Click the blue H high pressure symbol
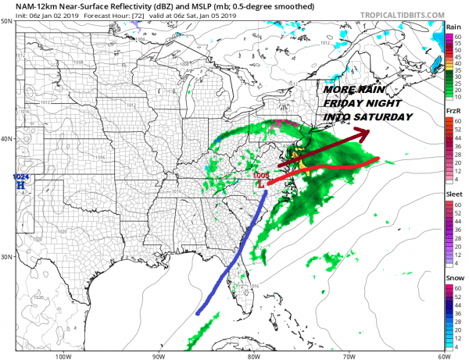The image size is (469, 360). click(x=21, y=187)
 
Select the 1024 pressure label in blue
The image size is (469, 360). click(x=21, y=177)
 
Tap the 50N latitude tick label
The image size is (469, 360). click(x=8, y=22)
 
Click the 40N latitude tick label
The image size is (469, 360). click(x=8, y=139)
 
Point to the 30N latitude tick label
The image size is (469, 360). click(x=8, y=257)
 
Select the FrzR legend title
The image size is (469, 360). click(x=453, y=112)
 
